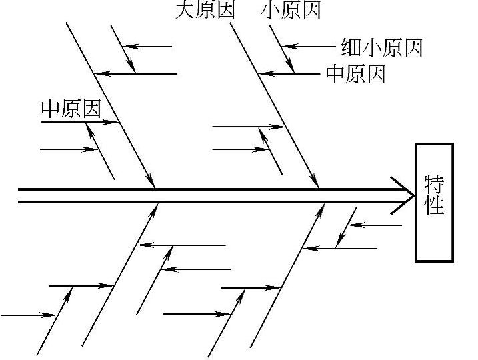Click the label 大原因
205,10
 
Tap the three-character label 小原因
291,10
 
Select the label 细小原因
381,47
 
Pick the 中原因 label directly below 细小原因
355,74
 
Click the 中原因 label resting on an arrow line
71,109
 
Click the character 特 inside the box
435,183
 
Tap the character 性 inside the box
435,204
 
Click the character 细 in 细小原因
351,47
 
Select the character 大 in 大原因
185,10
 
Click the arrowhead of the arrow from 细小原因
285,47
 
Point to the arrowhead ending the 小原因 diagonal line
291,67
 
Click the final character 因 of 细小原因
413,47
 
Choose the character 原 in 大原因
205,10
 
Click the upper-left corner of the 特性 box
416,144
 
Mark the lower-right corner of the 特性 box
453,261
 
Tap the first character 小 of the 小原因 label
271,10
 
